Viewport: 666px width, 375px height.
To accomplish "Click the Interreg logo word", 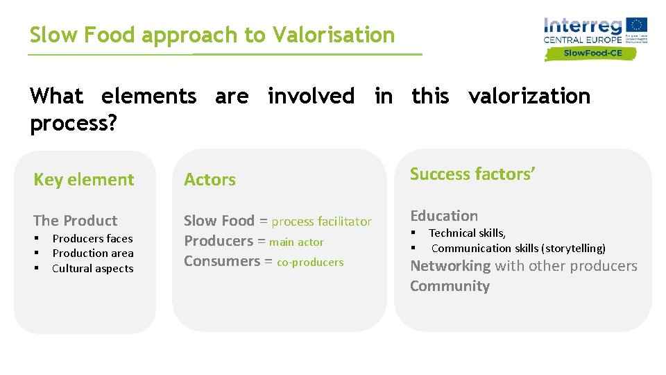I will click(x=583, y=26).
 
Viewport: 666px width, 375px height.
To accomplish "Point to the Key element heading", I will click(x=84, y=180).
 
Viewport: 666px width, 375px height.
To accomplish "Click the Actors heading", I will click(x=210, y=180).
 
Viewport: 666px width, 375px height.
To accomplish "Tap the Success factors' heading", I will click(x=472, y=174).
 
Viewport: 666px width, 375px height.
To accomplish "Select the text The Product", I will click(x=75, y=221).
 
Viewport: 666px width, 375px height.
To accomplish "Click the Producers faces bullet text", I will click(x=92, y=238).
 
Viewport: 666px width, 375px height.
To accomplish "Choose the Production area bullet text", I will click(x=93, y=253).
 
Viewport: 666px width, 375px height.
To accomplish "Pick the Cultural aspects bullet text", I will click(x=93, y=269).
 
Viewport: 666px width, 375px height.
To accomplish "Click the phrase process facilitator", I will click(x=321, y=222).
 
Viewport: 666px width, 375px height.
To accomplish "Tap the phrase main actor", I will click(x=296, y=242).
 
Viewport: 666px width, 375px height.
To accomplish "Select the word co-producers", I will click(x=310, y=262).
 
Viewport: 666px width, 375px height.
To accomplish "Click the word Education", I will click(x=444, y=216).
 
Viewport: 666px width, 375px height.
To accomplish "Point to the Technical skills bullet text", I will click(x=467, y=233).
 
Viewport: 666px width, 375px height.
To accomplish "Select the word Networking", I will click(x=450, y=266).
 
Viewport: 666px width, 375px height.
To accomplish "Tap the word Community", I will click(x=450, y=286).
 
